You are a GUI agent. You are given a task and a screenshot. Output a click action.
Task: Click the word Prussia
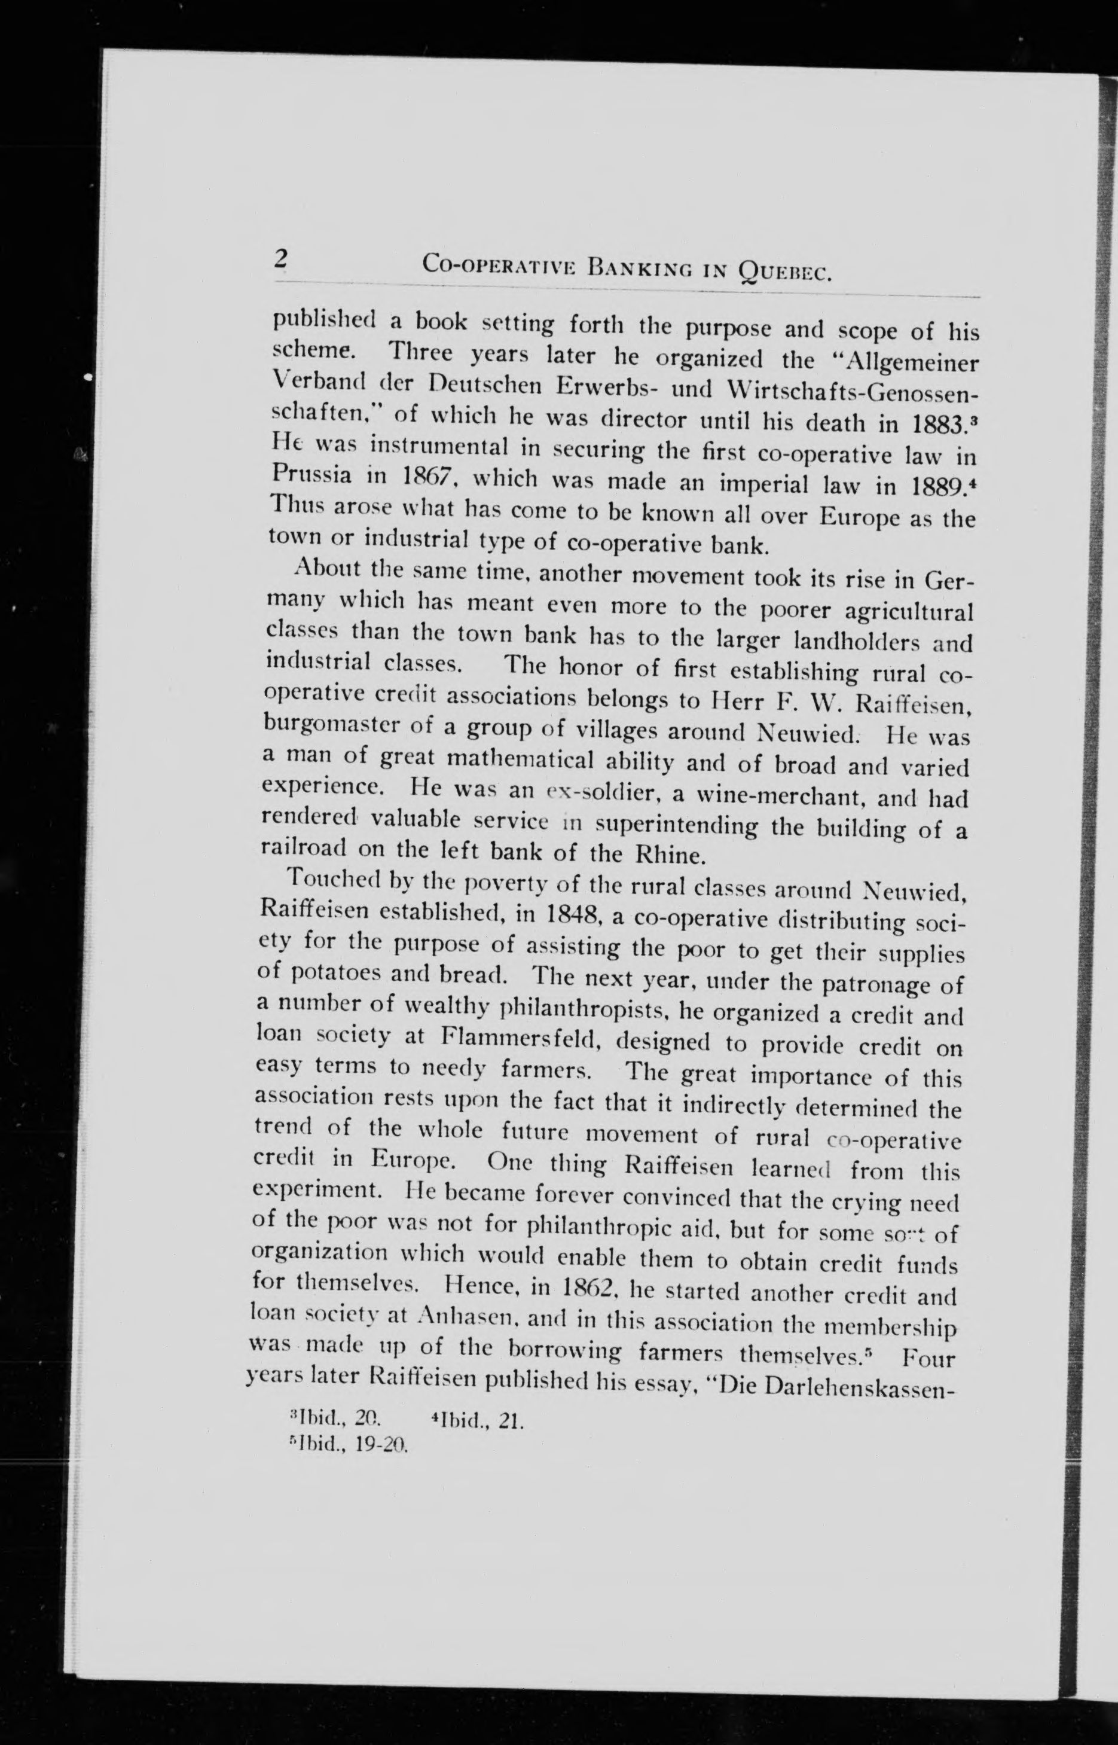point(313,475)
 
